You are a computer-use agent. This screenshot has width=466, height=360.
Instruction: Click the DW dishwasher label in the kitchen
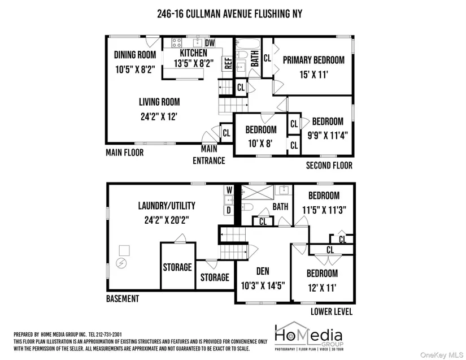[210, 42]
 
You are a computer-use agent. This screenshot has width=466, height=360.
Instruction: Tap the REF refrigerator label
[228, 63]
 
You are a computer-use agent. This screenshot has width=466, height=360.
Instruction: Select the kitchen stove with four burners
[177, 42]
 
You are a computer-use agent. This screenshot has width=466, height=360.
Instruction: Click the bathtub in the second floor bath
[248, 44]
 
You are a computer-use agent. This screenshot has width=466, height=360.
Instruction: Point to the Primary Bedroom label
[313, 60]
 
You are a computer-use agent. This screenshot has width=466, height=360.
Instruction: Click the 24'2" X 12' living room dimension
[159, 116]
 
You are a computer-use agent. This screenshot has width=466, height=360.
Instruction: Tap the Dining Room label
[135, 55]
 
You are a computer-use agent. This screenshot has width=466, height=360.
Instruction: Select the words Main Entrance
[209, 155]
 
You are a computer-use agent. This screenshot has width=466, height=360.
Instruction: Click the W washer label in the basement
[229, 190]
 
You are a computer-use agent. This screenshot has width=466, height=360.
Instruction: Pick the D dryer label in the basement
[229, 210]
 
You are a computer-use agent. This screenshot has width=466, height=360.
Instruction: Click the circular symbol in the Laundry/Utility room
[121, 263]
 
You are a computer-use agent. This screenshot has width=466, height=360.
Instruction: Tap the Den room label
[263, 271]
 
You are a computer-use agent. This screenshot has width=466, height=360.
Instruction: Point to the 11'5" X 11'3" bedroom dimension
[324, 210]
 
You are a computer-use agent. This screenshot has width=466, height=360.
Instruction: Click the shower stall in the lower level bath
[258, 192]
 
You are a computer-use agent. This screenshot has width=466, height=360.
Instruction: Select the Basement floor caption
[123, 298]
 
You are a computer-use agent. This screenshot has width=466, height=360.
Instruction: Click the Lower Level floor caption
[332, 311]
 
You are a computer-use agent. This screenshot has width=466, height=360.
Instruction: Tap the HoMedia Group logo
[309, 336]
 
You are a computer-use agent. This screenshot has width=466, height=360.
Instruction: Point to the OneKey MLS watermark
[442, 355]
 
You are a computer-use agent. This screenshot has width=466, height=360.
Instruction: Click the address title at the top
[230, 14]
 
